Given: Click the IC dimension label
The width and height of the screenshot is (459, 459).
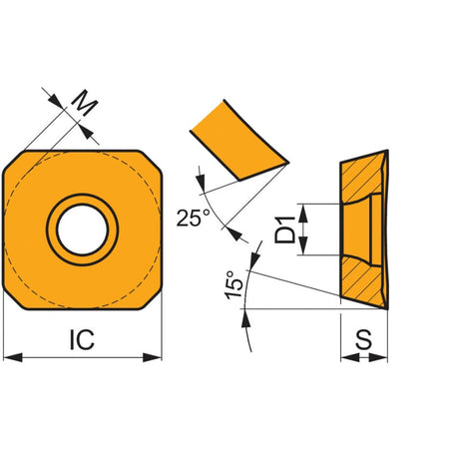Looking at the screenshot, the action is (x=82, y=339).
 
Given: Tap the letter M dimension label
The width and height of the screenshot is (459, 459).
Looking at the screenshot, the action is (x=84, y=103).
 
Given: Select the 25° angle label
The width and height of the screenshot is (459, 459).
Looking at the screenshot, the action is (x=194, y=218).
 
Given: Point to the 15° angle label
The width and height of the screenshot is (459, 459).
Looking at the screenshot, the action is (x=234, y=284).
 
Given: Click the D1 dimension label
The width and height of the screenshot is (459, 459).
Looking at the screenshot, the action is (x=284, y=229).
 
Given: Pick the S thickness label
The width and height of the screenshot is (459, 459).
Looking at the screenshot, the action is (x=363, y=339).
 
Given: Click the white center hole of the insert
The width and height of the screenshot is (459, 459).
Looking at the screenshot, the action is (x=82, y=229).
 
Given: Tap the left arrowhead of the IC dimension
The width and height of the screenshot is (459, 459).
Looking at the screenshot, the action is (x=13, y=357).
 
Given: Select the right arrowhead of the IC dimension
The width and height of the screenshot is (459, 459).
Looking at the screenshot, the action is (x=152, y=357).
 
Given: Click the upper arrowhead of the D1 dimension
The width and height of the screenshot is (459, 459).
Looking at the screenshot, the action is (x=302, y=213).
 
